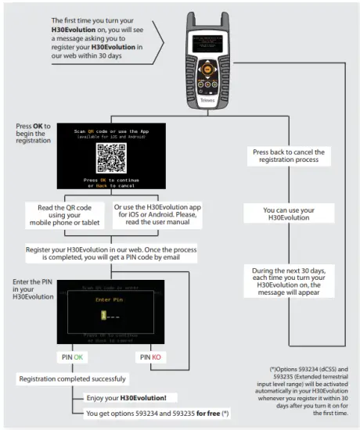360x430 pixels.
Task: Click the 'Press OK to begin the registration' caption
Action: (33, 134)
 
